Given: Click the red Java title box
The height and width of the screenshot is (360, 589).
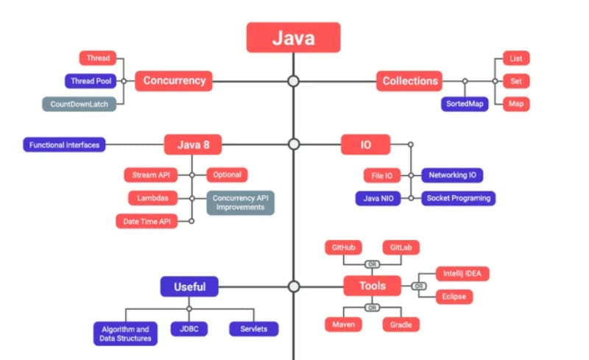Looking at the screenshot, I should tap(293, 38).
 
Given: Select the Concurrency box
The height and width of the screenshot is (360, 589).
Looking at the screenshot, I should tap(174, 81).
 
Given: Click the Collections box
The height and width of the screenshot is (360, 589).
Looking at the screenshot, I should tap(409, 81).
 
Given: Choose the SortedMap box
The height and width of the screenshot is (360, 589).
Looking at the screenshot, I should tap(465, 104).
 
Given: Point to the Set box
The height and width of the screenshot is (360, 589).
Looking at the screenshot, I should tap(515, 81).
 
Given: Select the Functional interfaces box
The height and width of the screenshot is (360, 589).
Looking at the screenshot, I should tap(64, 145).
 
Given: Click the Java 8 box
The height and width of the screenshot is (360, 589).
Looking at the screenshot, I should tap(193, 145).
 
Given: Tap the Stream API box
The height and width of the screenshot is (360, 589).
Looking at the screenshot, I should tap(150, 175).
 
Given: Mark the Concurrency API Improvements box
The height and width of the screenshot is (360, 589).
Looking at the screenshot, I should tap(240, 202).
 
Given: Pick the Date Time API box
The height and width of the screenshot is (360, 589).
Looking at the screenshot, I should tap(147, 221).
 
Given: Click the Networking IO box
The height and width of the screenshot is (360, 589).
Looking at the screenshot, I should tap(452, 175).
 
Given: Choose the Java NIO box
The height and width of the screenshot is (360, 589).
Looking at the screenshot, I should tap(378, 198).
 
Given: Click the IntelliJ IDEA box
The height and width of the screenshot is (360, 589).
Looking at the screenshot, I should tap(462, 274).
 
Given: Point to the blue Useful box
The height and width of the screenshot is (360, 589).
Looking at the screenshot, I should tap(189, 286).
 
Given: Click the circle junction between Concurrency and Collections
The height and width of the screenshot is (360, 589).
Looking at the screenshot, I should tap(293, 81).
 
